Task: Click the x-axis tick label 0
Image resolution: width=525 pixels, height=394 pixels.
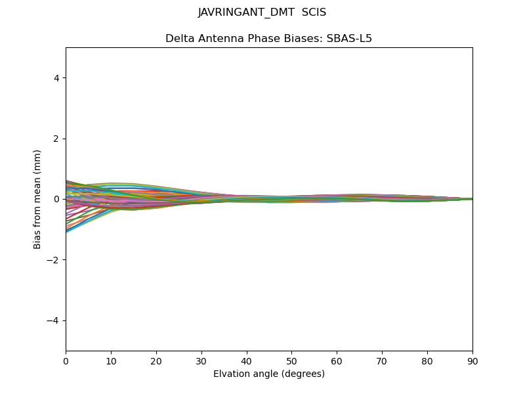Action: [66, 361]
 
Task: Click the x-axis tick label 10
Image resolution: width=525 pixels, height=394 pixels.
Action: [111, 361]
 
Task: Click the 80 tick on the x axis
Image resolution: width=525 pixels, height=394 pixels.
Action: [427, 361]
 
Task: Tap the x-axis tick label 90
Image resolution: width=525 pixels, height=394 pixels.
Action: [472, 361]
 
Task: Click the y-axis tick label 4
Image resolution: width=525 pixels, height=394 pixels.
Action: [56, 78]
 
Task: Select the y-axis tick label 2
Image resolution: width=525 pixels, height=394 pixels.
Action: [56, 139]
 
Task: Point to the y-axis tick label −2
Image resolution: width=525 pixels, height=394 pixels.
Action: [54, 260]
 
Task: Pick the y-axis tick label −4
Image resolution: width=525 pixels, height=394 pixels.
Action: [54, 320]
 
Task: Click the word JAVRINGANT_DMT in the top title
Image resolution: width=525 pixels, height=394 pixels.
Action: [246, 12]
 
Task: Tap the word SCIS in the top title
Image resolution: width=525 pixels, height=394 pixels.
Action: [314, 12]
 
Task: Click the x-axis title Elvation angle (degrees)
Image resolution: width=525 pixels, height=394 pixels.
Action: [269, 374]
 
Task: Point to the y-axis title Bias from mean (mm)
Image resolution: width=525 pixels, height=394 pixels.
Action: [38, 199]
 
